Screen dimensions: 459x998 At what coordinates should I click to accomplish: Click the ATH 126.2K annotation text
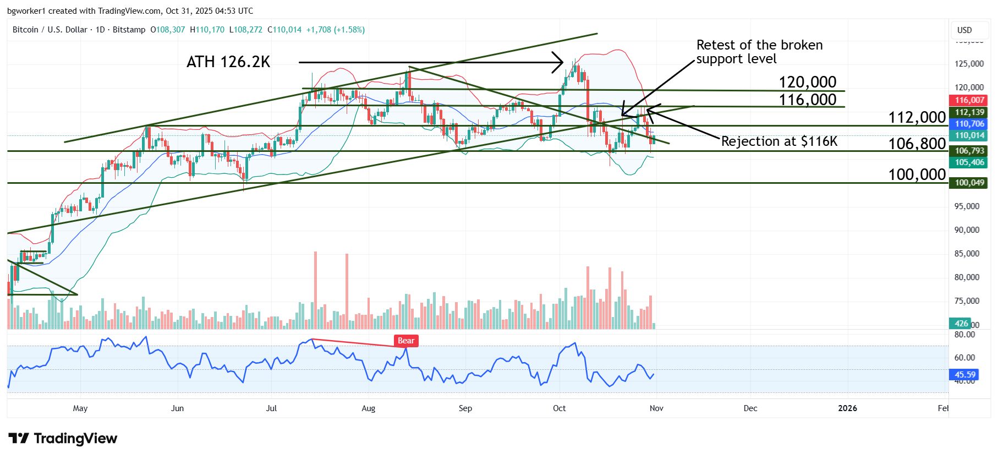[228, 62]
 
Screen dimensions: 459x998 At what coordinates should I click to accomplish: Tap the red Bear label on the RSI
[406, 341]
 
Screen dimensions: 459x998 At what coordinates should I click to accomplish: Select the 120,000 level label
[807, 82]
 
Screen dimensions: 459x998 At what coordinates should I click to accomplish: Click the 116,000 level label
[807, 100]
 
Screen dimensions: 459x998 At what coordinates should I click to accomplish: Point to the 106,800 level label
[917, 144]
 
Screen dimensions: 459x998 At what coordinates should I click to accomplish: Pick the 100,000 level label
[917, 174]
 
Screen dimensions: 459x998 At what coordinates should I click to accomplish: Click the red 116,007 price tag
[969, 100]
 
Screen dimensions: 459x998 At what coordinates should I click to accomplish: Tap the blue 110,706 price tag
[969, 124]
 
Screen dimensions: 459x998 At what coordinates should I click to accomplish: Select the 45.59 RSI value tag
[964, 375]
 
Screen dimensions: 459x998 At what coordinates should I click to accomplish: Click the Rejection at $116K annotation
[779, 141]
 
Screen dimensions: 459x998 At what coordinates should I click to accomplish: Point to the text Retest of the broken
[759, 45]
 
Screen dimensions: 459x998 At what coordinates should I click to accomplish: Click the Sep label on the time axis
[465, 408]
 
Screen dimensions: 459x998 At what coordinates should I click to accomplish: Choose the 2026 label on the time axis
[847, 408]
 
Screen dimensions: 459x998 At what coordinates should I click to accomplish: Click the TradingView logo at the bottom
[63, 439]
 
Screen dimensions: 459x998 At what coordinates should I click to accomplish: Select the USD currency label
[964, 30]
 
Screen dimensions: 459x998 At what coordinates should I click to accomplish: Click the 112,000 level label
[917, 117]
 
